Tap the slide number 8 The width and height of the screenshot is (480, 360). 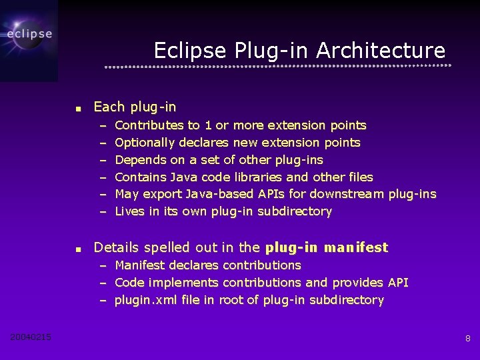(x=467, y=339)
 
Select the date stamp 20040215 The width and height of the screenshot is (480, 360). (x=31, y=337)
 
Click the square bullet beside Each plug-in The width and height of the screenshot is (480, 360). (x=78, y=108)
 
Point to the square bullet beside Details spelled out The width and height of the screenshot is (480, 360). (x=78, y=249)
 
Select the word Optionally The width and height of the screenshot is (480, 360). (x=142, y=143)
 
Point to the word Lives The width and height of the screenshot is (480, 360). (x=129, y=211)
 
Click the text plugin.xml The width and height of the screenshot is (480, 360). (x=142, y=300)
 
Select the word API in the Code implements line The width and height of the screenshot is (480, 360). (x=398, y=283)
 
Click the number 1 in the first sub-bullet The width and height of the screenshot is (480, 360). (x=208, y=125)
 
